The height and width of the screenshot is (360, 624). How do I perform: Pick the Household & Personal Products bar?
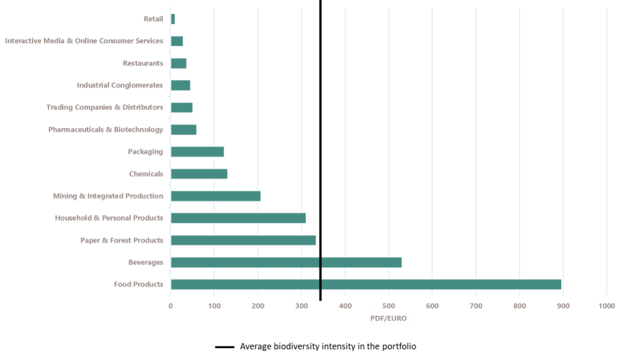pos(238,218)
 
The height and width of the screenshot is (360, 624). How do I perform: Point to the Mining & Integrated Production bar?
pos(216,196)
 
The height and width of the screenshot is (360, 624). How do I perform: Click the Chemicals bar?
pos(199,174)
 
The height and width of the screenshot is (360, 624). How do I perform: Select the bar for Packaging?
pos(197,152)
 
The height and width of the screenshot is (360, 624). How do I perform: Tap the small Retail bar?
pos(173,19)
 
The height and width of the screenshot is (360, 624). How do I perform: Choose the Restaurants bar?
pos(178,64)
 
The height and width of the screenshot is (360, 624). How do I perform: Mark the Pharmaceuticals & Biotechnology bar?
pos(184,130)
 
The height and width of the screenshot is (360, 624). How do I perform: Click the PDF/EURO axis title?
pos(388,319)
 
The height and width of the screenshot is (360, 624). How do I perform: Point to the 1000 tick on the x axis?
pos(607,305)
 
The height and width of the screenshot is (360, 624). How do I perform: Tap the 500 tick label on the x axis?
pos(388,305)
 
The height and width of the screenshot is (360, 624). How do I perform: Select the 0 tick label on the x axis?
pos(171,305)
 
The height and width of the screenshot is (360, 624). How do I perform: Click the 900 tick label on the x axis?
pos(563,305)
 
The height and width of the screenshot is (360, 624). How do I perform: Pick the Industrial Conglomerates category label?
pos(120,85)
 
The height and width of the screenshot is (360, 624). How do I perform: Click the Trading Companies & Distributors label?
pos(105,107)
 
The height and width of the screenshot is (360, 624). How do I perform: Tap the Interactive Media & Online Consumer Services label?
pos(84,41)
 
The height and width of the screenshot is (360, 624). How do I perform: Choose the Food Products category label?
pos(139,285)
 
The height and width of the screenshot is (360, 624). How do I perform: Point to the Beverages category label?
pos(146,262)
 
